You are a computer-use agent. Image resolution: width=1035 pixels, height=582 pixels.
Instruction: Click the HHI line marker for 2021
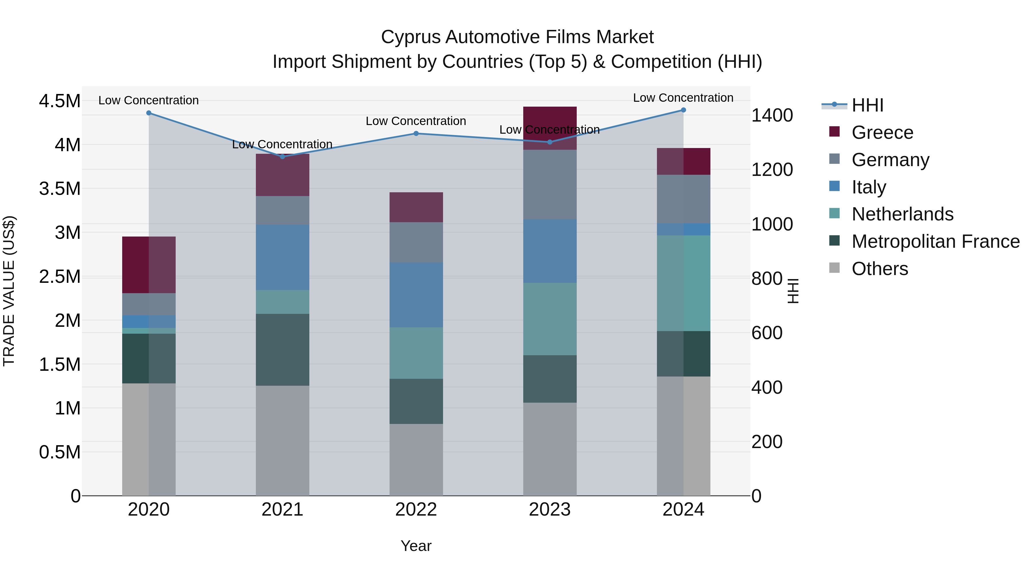pyautogui.click(x=282, y=157)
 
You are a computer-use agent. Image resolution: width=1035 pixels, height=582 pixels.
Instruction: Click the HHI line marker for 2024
pyautogui.click(x=683, y=110)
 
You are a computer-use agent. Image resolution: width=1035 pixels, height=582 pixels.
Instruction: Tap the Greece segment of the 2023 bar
pyautogui.click(x=550, y=128)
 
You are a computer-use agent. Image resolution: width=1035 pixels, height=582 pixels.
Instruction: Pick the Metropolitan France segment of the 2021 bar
pyautogui.click(x=282, y=349)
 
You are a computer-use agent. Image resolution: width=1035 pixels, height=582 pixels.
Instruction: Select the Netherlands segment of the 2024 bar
pyautogui.click(x=683, y=283)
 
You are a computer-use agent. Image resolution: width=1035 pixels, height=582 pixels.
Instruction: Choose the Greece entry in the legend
pyautogui.click(x=882, y=132)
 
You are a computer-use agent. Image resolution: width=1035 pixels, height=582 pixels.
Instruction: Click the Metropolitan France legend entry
pyautogui.click(x=935, y=241)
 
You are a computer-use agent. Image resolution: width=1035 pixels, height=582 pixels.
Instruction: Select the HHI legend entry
pyautogui.click(x=867, y=105)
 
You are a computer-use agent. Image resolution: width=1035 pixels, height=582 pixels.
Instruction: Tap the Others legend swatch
pyautogui.click(x=835, y=268)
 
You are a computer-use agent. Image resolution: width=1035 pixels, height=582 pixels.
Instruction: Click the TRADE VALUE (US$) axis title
pyautogui.click(x=9, y=291)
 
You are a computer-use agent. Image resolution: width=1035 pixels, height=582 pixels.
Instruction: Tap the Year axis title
pyautogui.click(x=416, y=546)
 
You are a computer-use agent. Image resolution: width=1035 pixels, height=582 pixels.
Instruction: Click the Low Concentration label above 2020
pyautogui.click(x=148, y=100)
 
